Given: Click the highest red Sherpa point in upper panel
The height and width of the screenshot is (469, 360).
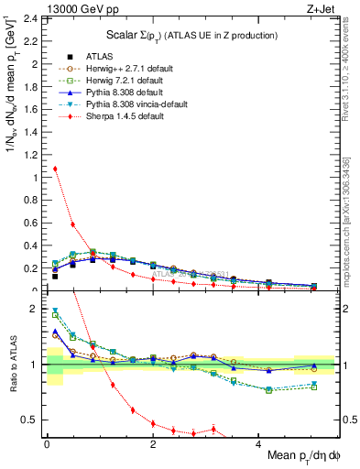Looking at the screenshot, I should click(x=55, y=169).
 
